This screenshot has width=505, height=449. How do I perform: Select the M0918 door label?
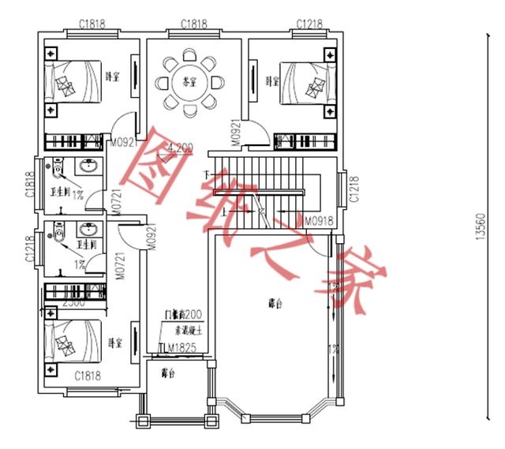320,220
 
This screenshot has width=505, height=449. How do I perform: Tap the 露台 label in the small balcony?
168,372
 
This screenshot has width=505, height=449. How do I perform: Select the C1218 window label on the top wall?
309,24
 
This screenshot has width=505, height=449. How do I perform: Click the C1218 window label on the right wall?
354,188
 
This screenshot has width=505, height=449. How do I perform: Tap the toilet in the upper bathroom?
58,169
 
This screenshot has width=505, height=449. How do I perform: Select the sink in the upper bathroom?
88,167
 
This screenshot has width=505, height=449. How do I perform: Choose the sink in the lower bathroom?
88,230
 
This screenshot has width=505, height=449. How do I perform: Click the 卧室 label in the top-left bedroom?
113,77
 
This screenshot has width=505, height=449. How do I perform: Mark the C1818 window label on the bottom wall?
89,376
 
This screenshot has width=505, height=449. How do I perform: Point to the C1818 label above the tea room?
193,24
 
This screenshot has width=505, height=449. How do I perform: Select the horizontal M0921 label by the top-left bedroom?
125,144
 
